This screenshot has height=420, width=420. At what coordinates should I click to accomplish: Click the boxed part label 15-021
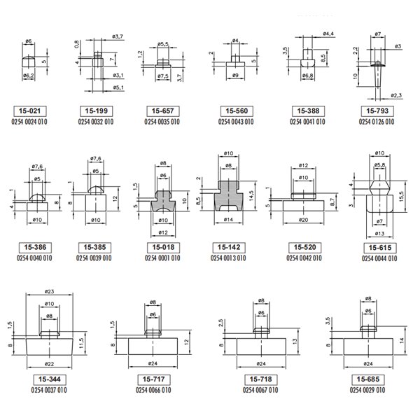[x=29, y=111]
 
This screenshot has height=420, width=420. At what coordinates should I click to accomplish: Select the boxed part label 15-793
[x=377, y=111]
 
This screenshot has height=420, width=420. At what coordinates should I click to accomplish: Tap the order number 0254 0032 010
[x=96, y=122]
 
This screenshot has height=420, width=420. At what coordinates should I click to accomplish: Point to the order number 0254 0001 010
[x=162, y=258]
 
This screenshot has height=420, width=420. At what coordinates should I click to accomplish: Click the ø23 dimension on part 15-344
[x=49, y=291]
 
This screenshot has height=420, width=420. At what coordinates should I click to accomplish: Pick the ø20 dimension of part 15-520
[x=304, y=220]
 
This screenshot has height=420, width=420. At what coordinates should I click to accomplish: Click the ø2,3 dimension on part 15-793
[x=396, y=95]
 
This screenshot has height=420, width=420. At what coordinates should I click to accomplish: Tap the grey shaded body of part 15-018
[x=163, y=201]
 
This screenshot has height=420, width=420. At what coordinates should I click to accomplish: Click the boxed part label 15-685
[x=368, y=379]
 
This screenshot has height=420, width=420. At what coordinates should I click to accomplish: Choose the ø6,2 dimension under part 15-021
[x=29, y=76]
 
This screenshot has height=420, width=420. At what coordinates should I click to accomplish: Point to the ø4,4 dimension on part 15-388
[x=328, y=34]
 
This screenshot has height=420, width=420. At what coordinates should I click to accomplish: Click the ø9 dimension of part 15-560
[x=235, y=76]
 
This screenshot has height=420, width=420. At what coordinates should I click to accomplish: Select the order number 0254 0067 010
[x=260, y=390]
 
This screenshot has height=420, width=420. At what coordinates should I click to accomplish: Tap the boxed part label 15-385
[x=94, y=248]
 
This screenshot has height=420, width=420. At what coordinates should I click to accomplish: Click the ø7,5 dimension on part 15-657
[x=163, y=76]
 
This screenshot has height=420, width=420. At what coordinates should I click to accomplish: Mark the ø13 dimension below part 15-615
[x=379, y=234]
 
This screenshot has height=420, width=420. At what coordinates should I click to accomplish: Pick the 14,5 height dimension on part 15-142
[x=251, y=196]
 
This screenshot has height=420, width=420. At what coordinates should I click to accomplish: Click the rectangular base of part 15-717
[x=153, y=346]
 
